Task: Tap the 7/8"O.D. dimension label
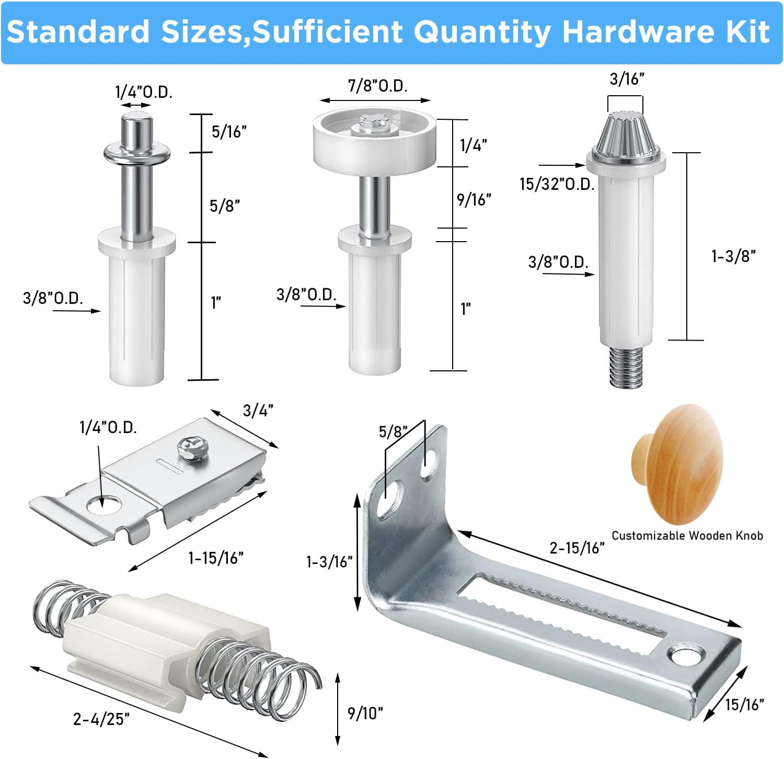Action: coord(378,86)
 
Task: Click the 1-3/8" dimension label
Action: coord(733,256)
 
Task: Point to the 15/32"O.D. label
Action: coord(557,184)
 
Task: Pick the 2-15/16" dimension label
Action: coord(577,548)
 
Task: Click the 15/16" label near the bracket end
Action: coord(744,705)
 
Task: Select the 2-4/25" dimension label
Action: coord(101,719)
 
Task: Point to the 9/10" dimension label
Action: coord(365,713)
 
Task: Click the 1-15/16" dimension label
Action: coord(216,558)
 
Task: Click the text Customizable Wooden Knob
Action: coord(687,536)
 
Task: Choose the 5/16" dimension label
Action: coord(229,132)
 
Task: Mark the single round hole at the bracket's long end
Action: coord(683,656)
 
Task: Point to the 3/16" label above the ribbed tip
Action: coord(627,79)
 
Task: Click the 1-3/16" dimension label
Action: coord(329,562)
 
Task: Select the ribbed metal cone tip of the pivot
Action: coord(626,132)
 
